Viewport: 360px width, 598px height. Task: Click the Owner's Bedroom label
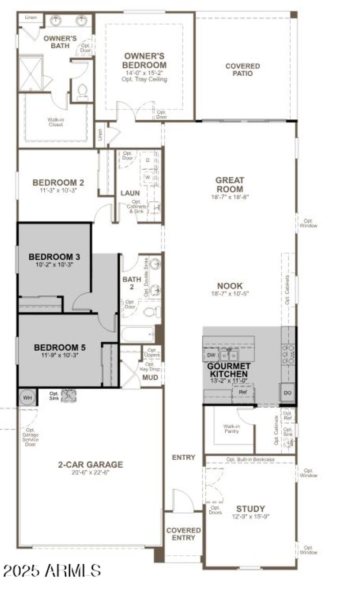144,60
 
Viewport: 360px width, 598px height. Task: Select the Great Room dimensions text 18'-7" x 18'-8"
229,197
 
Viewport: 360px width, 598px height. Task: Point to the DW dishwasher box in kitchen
211,355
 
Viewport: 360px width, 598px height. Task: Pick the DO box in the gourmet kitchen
288,394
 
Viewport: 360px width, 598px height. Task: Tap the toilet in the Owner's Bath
82,92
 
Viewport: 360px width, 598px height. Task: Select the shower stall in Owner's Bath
30,73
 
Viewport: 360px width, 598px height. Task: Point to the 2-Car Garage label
90,465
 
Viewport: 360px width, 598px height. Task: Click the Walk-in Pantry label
231,428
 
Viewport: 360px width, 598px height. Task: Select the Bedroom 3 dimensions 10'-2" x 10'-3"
54,265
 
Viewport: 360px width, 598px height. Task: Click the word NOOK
229,285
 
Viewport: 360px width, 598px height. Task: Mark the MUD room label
150,377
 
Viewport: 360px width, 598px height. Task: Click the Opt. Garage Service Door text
30,437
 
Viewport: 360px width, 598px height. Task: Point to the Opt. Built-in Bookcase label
250,459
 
